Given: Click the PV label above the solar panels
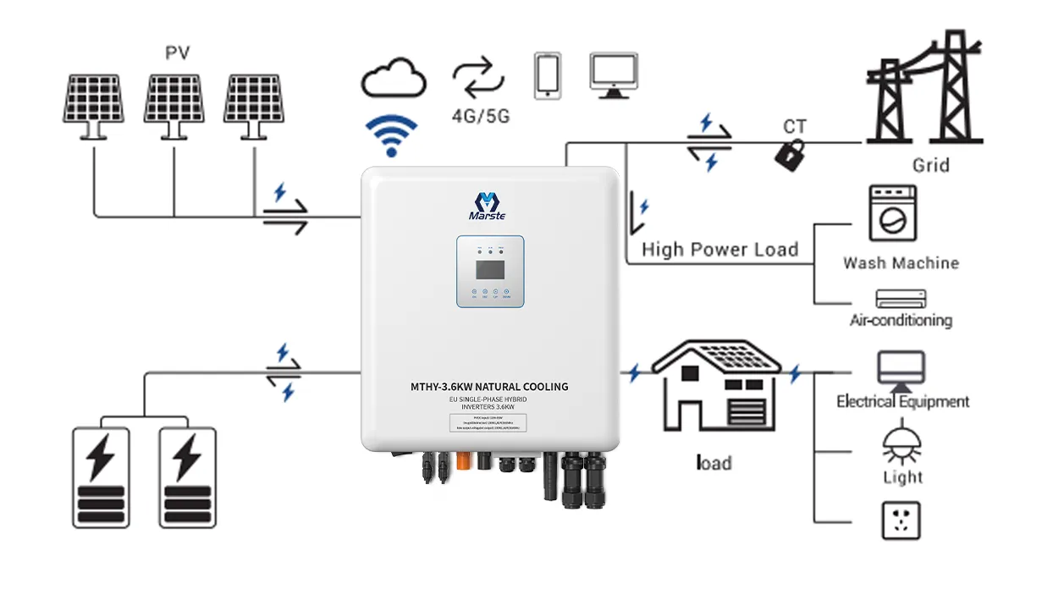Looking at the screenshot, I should pyautogui.click(x=177, y=53).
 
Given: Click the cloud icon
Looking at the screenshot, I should pyautogui.click(x=393, y=79).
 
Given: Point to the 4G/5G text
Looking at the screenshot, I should pyautogui.click(x=480, y=116).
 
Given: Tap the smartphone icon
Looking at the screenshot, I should pyautogui.click(x=548, y=75).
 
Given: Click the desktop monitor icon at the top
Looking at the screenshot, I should pyautogui.click(x=614, y=74).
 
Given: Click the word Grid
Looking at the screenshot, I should pyautogui.click(x=930, y=165).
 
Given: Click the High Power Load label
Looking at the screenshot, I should pyautogui.click(x=719, y=250).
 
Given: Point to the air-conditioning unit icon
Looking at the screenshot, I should pyautogui.click(x=901, y=299).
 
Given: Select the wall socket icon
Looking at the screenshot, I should pyautogui.click(x=901, y=520).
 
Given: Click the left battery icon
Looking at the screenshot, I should pyautogui.click(x=101, y=477).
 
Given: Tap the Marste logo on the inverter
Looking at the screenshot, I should pyautogui.click(x=487, y=206).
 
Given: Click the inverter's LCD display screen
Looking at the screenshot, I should pyautogui.click(x=490, y=269).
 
